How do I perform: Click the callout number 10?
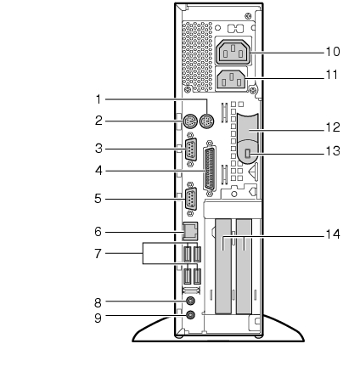pos(333,52)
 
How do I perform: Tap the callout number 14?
pos(333,234)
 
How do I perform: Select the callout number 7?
pos(98,253)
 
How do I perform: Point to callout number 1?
pos(98,99)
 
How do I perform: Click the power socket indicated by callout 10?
pos(233,53)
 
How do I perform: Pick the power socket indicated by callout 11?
pos(232,80)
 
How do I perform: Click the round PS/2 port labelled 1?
pos(207,122)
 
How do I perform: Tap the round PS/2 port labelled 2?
pos(188,122)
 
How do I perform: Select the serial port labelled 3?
pos(191,149)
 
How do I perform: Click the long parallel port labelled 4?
pos(210,168)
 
